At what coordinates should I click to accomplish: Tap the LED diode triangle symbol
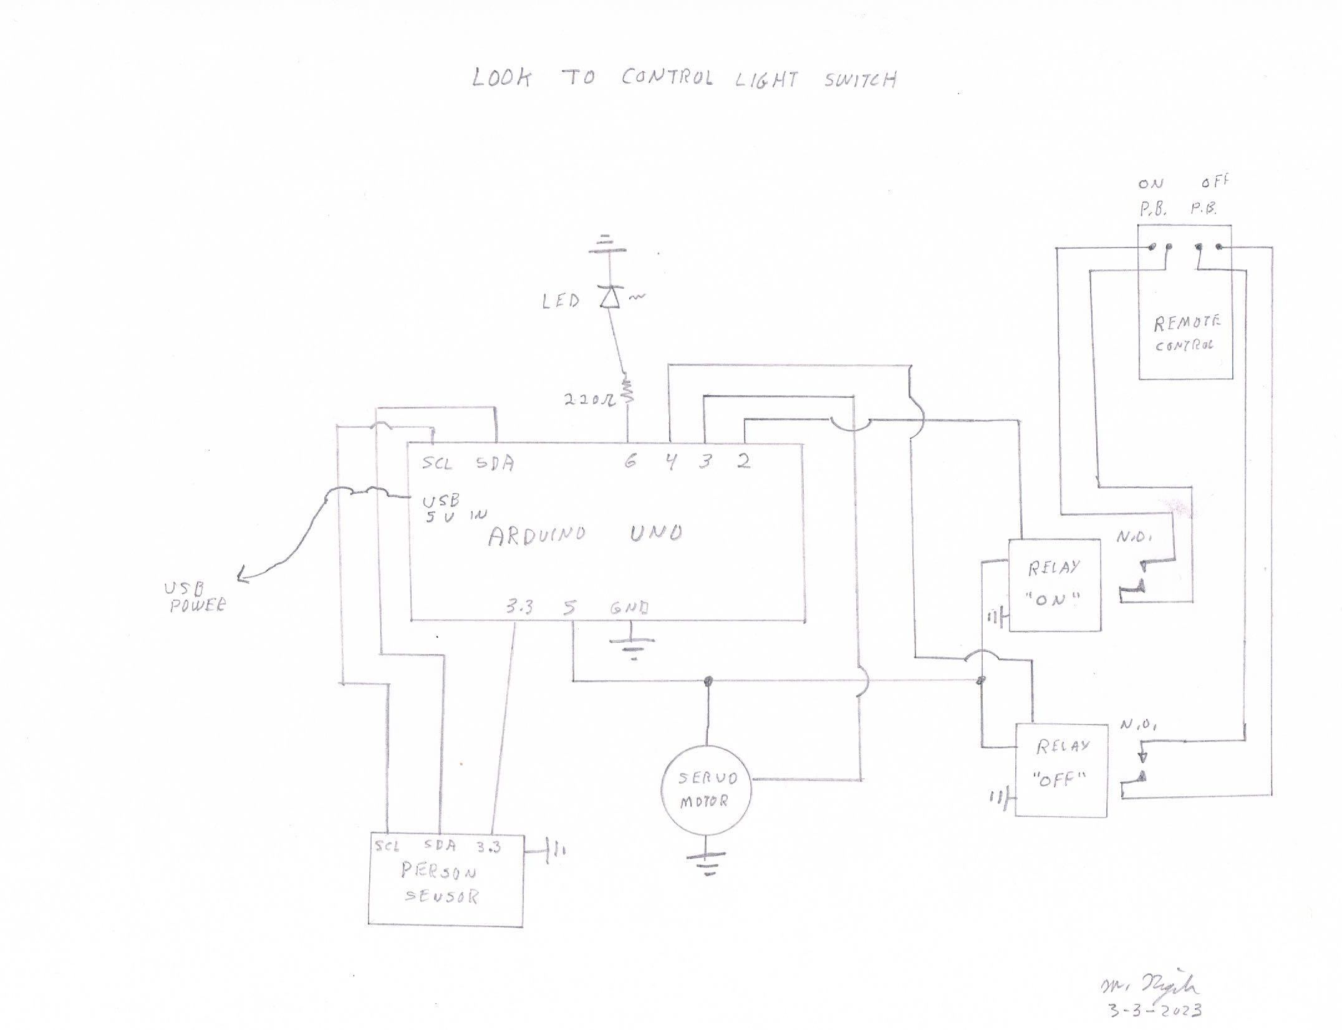[609, 297]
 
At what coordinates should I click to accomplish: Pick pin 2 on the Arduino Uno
[743, 462]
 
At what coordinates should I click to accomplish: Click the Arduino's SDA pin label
[495, 464]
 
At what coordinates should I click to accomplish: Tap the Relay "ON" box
[1054, 585]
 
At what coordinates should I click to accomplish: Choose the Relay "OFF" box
[1061, 769]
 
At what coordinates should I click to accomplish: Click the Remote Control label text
[1185, 333]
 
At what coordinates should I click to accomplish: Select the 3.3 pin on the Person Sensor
[488, 847]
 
